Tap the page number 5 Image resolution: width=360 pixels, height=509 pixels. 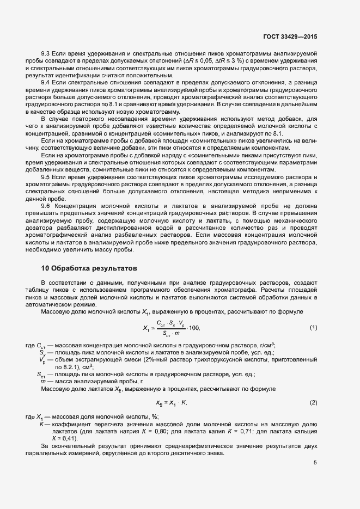315,463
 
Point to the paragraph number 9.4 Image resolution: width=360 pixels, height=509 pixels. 46,82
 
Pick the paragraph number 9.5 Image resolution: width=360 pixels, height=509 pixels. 46,177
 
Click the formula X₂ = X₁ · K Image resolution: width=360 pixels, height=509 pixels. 172,402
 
